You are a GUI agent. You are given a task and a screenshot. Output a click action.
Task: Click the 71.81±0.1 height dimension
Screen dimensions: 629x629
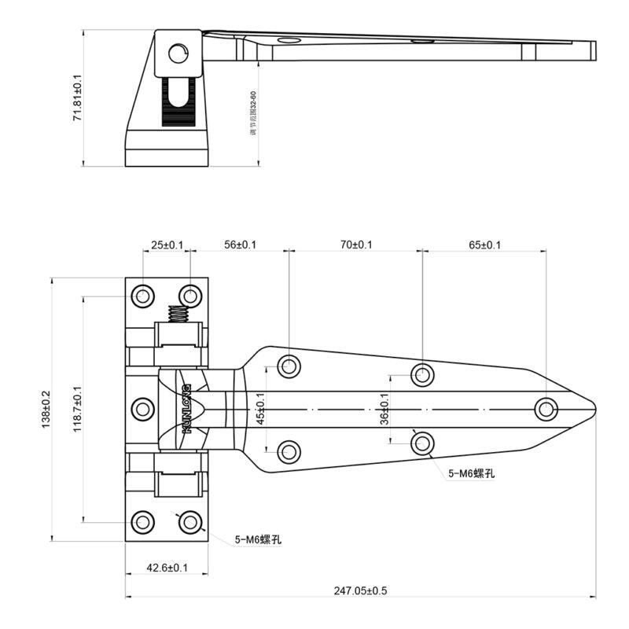77,97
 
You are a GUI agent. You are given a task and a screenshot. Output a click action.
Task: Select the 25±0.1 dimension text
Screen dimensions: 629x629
167,245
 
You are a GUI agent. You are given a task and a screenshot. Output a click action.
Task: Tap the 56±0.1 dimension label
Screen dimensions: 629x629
240,245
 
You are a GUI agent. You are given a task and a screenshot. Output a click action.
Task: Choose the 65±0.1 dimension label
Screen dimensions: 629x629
484,245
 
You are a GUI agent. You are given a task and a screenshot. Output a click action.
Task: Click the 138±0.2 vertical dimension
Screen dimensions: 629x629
45,409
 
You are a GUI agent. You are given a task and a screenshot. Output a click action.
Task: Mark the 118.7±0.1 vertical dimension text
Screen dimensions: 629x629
76,409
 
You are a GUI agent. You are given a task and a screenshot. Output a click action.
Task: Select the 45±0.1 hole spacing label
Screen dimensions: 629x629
261,409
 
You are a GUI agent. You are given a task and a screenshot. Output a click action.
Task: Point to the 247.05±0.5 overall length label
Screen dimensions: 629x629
360,590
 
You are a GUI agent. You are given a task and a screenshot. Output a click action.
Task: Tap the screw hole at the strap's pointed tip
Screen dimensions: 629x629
546,409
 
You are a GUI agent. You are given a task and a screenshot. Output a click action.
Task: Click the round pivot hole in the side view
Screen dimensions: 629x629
178,53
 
